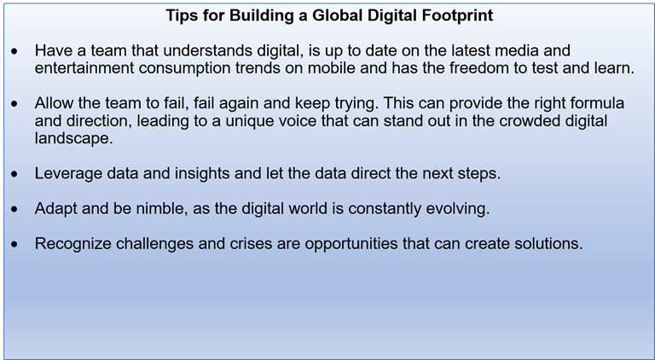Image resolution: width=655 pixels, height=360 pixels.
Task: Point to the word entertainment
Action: pos(84,67)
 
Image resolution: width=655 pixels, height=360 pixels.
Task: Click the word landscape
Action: pos(74,139)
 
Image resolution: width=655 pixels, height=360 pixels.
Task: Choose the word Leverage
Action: pos(68,173)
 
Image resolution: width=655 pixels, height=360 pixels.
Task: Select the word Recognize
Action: pos(72,243)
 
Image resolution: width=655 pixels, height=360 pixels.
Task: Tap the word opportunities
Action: pos(351,243)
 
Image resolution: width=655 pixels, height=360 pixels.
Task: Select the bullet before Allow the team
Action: pos(15,104)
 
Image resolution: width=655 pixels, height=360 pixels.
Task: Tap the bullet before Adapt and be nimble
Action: pos(15,210)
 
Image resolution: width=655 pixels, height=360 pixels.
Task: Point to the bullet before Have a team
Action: pos(15,52)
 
